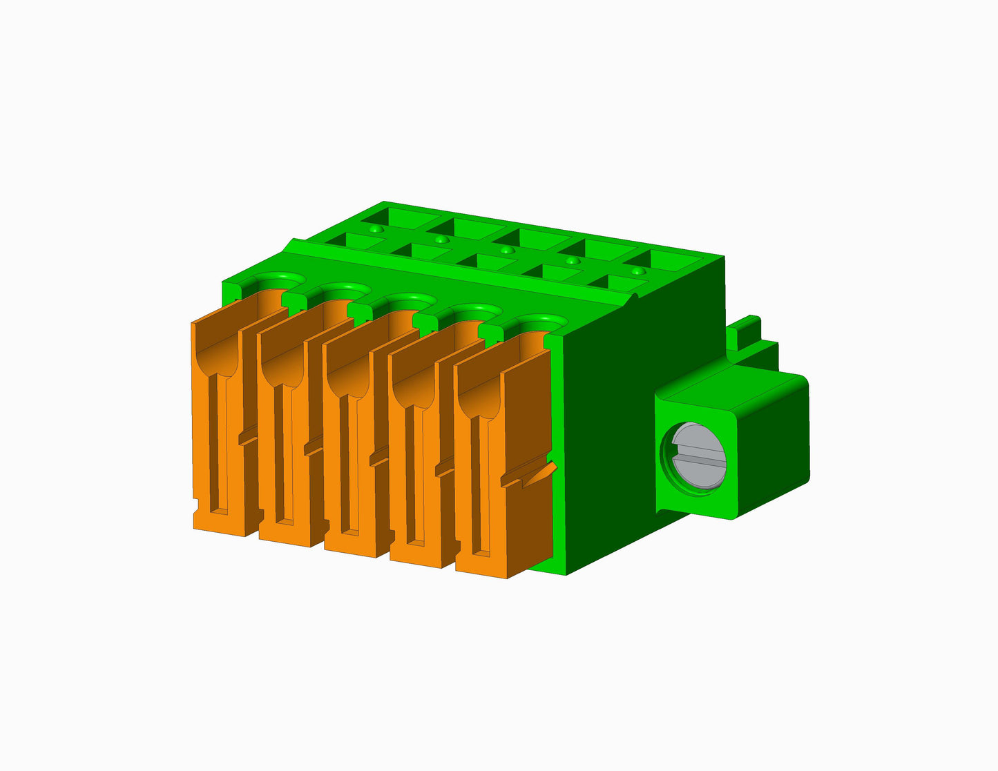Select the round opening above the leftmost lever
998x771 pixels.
click(279, 280)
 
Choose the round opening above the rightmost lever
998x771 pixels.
click(541, 323)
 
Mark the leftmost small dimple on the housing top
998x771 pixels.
click(374, 228)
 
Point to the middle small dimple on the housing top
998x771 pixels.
click(506, 250)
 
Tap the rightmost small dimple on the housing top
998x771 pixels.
click(638, 272)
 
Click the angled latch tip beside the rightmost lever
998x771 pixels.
click(542, 473)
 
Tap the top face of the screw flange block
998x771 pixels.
click(732, 390)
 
